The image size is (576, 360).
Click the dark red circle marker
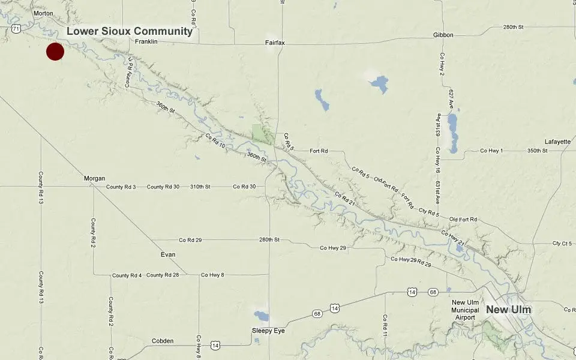click(x=55, y=52)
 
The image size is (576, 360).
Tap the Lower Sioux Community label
click(x=129, y=31)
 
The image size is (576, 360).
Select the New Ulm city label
click(x=509, y=310)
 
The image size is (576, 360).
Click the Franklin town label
click(x=146, y=41)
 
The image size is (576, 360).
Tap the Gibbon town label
click(x=443, y=35)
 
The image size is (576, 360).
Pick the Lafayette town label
click(x=557, y=142)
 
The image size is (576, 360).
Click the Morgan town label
click(x=95, y=178)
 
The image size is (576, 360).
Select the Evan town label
click(x=168, y=254)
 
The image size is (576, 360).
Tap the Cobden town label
click(x=163, y=341)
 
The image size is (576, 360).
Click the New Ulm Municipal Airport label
click(x=466, y=310)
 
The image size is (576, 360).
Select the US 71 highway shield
click(x=15, y=28)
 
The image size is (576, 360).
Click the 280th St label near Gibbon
click(x=514, y=28)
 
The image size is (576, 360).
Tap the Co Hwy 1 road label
click(x=491, y=150)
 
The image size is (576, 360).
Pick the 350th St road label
click(x=536, y=150)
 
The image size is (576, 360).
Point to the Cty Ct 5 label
click(x=563, y=244)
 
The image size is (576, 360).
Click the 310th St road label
click(x=200, y=187)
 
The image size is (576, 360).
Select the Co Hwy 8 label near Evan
click(x=212, y=275)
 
